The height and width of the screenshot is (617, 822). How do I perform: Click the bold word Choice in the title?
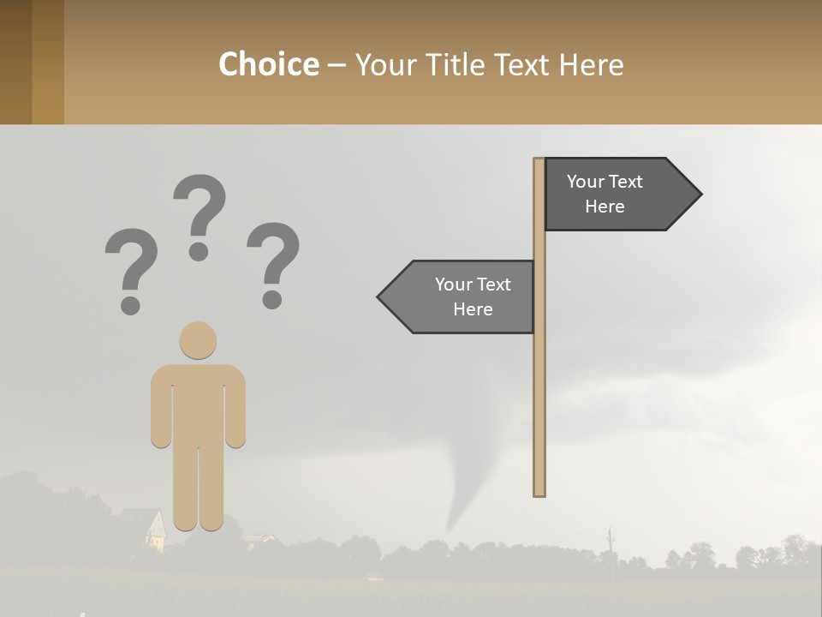click(x=268, y=64)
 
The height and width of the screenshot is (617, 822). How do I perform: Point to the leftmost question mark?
click(x=130, y=266)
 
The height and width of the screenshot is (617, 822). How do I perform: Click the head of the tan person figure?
click(x=198, y=340)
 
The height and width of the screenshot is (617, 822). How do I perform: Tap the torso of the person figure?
click(x=198, y=403)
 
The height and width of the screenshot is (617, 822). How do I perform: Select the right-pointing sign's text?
click(x=605, y=194)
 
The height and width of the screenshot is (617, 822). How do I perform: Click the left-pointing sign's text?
click(x=473, y=297)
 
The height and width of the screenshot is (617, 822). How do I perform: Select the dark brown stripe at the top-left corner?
click(x=15, y=62)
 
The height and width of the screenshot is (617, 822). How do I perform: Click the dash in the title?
click(x=337, y=65)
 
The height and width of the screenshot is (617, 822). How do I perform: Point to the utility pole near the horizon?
click(x=610, y=540)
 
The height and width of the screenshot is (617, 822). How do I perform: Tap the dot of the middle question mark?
click(x=199, y=251)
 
